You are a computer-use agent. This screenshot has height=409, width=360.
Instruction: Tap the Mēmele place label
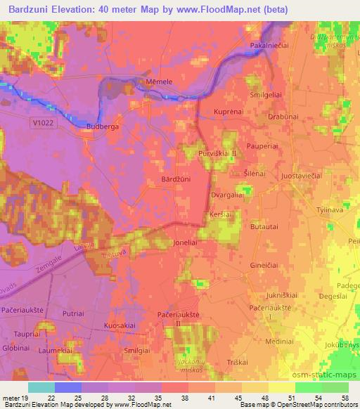pyautogui.click(x=158, y=82)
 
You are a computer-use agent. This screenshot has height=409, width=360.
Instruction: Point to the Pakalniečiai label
pyautogui.click(x=271, y=46)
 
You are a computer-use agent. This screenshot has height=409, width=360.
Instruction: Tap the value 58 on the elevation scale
pyautogui.click(x=345, y=399)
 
